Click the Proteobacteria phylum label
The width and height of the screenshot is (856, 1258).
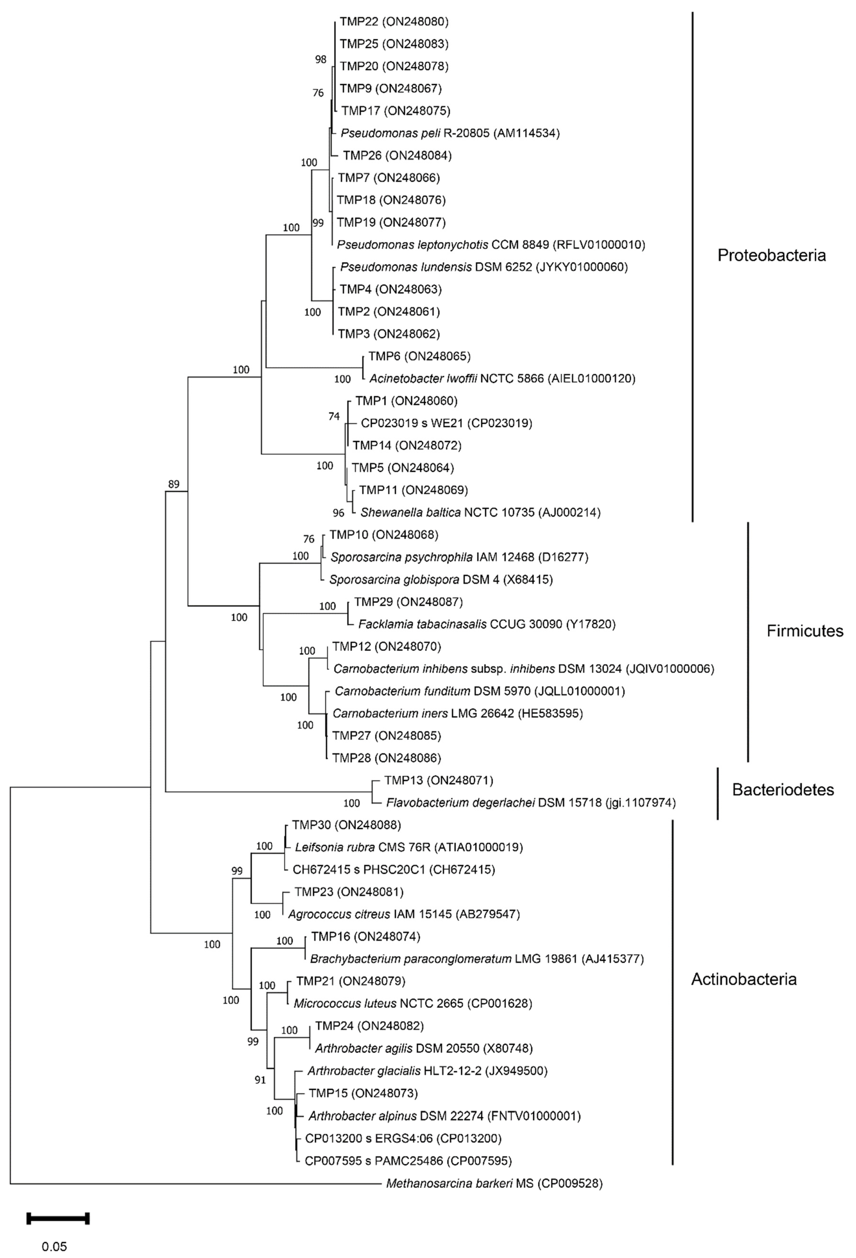pos(771,256)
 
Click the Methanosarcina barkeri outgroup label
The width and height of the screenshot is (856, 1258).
pos(493,1183)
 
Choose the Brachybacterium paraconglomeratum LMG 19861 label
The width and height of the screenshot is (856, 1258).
pos(476,959)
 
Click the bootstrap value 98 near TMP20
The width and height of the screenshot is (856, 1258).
pos(321,60)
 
